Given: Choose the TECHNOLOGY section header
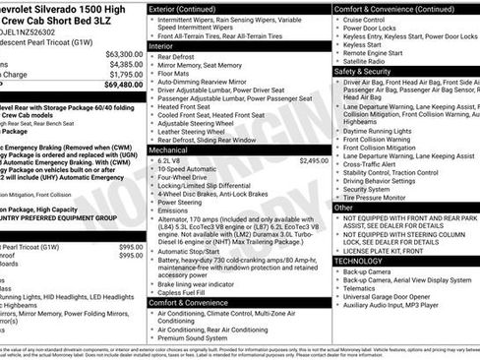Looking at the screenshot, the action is pyautogui.click(x=361, y=261).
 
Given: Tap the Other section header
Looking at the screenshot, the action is pyautogui.click(x=343, y=208).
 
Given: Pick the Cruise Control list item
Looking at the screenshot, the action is pyautogui.click(x=364, y=20).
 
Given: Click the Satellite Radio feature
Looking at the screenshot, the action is pyautogui.click(x=365, y=61).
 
